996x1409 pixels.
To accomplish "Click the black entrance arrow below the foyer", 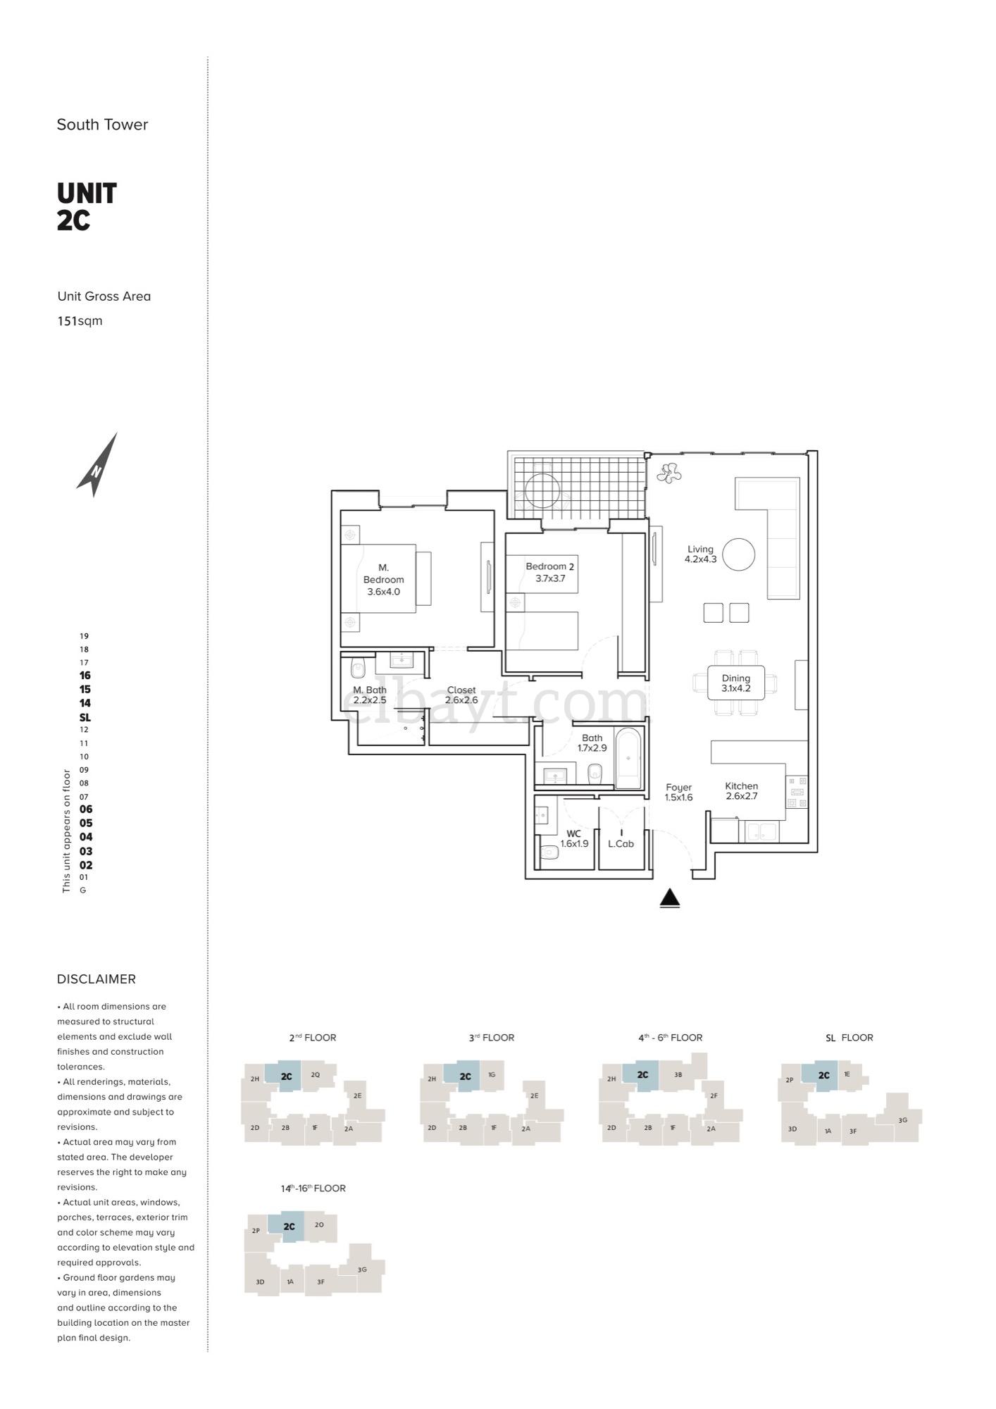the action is [x=670, y=898].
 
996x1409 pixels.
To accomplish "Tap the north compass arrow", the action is [x=97, y=466].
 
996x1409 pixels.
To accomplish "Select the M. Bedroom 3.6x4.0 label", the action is [x=383, y=579].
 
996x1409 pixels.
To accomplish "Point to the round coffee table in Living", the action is [x=739, y=554].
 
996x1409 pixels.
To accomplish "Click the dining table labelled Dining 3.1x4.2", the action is [x=736, y=683].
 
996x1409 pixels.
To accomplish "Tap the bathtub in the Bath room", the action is [x=628, y=759].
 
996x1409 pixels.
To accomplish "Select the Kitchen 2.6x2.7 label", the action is [x=741, y=790].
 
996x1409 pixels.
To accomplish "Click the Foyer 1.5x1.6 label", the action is [x=678, y=792].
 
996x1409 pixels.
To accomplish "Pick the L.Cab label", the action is [x=621, y=843].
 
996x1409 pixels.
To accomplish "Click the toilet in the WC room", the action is [x=549, y=852].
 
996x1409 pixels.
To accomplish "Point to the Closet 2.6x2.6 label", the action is [x=461, y=695].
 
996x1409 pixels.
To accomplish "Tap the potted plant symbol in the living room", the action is [x=668, y=473].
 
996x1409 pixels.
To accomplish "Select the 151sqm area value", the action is [x=80, y=321].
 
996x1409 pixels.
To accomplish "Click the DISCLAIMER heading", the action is [x=97, y=979].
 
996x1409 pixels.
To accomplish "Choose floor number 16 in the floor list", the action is [x=85, y=676].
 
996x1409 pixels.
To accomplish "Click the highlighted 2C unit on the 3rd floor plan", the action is [x=465, y=1076].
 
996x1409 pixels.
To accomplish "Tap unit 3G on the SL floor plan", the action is [x=902, y=1120].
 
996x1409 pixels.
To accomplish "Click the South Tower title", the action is [x=102, y=125].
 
